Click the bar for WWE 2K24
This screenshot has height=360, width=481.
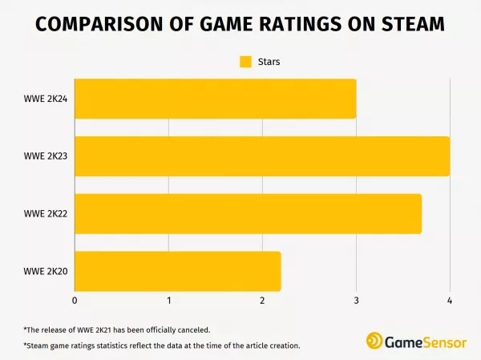click(x=215, y=99)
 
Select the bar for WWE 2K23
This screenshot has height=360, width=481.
click(x=262, y=156)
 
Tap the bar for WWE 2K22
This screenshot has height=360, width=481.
click(x=248, y=214)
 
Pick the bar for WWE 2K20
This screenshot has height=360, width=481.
click(x=177, y=272)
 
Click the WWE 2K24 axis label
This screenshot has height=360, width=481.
click(x=45, y=99)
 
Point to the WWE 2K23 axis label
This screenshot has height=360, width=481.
click(x=45, y=156)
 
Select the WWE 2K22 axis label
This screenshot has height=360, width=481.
click(x=45, y=214)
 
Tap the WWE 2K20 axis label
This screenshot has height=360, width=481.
click(x=45, y=272)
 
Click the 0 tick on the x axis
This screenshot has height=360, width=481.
click(x=75, y=301)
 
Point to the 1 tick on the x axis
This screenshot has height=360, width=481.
click(x=168, y=301)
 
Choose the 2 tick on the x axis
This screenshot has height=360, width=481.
click(x=262, y=301)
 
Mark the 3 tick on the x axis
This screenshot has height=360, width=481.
click(x=356, y=301)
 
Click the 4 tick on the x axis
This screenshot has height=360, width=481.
click(x=450, y=301)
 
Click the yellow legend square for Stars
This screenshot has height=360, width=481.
click(x=246, y=61)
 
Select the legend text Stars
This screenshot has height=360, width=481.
click(x=269, y=61)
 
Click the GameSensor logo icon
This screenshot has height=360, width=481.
click(x=374, y=340)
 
